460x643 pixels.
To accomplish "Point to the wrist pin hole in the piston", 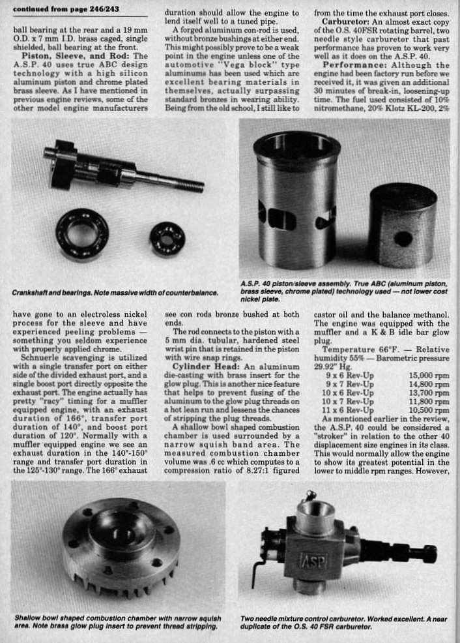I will [403, 238].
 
